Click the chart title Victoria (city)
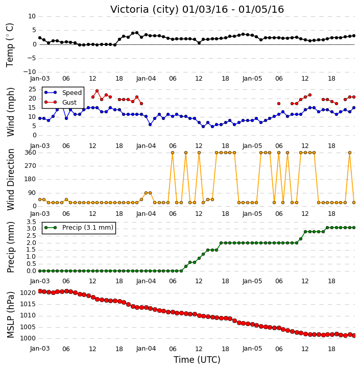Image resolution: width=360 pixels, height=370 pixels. tap(145, 9)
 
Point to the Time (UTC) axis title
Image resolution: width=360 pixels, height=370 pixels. tap(197, 360)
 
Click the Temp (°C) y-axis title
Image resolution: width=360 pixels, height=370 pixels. tap(10, 45)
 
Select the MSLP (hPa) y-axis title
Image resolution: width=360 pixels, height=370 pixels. tap(10, 314)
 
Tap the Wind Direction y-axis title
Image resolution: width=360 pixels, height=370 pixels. tap(10, 179)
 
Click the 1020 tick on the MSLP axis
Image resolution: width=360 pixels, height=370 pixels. tap(28, 293)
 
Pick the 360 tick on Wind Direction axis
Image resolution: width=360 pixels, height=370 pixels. tap(30, 153)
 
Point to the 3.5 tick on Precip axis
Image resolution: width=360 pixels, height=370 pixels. tap(31, 222)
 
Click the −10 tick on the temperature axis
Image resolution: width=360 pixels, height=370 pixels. tap(29, 72)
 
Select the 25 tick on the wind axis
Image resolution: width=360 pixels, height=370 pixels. tap(32, 89)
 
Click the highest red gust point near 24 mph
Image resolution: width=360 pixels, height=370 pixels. tap(97, 91)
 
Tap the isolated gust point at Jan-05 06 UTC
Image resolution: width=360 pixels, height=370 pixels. tap(279, 104)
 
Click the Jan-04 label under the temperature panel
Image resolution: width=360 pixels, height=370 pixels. tap(146, 79)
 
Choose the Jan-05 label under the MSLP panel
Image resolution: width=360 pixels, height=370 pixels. tap(252, 349)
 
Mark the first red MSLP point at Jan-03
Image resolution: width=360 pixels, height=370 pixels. tap(40, 291)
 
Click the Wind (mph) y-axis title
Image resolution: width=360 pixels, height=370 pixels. tap(10, 112)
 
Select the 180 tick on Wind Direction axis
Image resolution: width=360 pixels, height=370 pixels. tap(30, 179)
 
